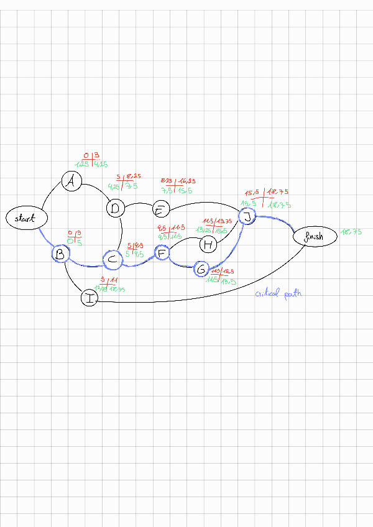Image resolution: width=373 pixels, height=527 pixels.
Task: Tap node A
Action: pos(72,181)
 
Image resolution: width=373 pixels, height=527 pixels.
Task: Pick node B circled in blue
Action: pos(60,254)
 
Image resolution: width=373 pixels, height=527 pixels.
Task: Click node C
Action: pos(113,259)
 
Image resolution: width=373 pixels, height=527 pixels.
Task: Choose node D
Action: pos(116,209)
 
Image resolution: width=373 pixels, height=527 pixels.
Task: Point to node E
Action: pos(161,209)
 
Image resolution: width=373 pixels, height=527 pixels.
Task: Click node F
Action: pos(162,252)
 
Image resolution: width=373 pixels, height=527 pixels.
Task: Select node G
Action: pos(201,269)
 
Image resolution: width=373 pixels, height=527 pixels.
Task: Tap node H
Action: pos(209,245)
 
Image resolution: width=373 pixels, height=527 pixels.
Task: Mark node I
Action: pos(90,298)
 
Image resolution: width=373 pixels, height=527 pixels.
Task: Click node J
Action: pos(247,216)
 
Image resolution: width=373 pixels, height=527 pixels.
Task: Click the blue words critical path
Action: pos(278,293)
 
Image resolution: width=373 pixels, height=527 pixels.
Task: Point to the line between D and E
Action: pos(139,204)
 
